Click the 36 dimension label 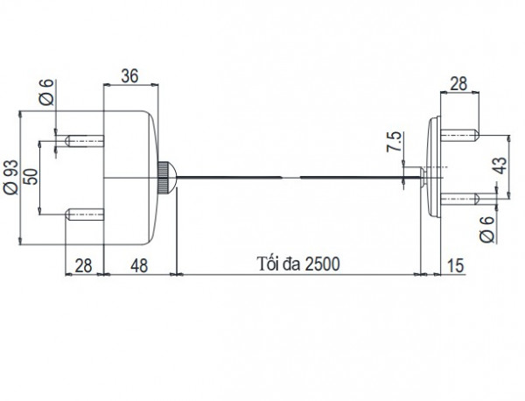[x=129, y=76]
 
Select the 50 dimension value [x=31, y=174]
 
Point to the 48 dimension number [x=140, y=264]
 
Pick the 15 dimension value [x=455, y=264]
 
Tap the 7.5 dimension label [x=394, y=143]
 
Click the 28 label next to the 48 [x=84, y=264]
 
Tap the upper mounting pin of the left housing [x=85, y=138]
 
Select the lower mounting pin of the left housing [x=85, y=214]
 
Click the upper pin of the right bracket [x=460, y=136]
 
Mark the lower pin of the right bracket [x=460, y=200]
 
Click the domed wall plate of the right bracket [x=432, y=166]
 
